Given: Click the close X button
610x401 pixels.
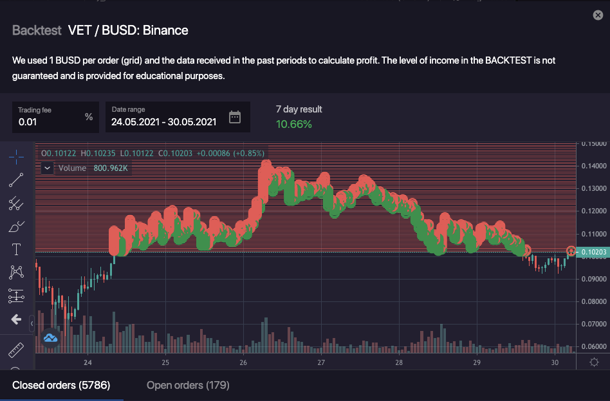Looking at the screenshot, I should click(x=598, y=15).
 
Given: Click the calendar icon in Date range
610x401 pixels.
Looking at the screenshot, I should click(x=235, y=116).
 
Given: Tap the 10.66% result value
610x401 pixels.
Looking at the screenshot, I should click(x=294, y=124).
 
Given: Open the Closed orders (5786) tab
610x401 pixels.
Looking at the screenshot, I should click(x=61, y=386).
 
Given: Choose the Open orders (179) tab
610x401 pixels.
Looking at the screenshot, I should click(x=188, y=386).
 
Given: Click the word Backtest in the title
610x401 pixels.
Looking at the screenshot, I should click(x=37, y=30).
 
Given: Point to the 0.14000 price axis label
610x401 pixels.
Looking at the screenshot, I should click(x=593, y=166).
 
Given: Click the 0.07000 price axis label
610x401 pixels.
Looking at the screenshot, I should click(x=593, y=324).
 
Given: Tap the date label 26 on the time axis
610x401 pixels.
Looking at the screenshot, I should click(x=243, y=362).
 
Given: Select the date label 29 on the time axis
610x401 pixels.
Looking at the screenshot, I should click(x=477, y=362).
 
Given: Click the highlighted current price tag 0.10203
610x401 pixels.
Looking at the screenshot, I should click(x=593, y=252).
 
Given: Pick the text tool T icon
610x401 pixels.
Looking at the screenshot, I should click(x=16, y=249).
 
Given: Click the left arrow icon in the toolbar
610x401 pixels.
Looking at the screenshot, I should click(x=16, y=319).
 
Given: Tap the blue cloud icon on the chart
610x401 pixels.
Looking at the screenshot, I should click(x=51, y=337).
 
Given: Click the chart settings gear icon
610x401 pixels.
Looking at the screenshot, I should click(x=594, y=362).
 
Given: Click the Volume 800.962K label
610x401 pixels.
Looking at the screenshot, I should click(x=93, y=168).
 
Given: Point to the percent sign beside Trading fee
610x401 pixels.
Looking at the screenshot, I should click(x=89, y=117).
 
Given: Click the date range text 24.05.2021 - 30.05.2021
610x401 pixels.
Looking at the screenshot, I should click(x=164, y=121).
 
